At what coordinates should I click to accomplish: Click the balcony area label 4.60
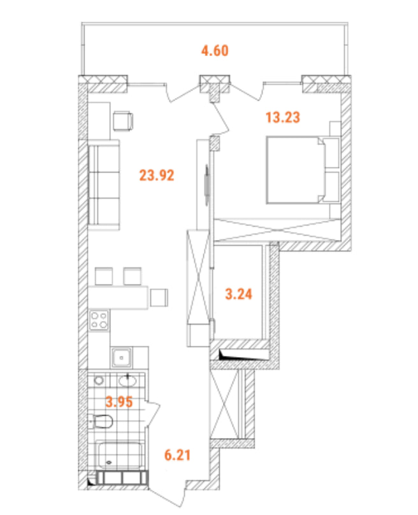click(x=215, y=50)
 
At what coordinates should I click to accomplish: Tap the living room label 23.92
click(x=157, y=175)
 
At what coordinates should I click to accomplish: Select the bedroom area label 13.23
click(x=283, y=117)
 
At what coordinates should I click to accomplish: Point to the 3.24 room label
click(x=238, y=293)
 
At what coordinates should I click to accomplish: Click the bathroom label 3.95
click(x=119, y=401)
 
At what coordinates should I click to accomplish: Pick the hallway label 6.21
click(x=178, y=455)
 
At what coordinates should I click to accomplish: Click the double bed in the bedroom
click(x=303, y=170)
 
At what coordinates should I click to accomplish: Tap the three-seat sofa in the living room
click(x=104, y=185)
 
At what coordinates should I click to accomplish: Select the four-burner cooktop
click(x=99, y=320)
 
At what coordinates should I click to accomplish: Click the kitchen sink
click(x=122, y=357)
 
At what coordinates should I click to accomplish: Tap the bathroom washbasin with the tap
click(x=127, y=381)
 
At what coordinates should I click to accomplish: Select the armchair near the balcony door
click(x=124, y=121)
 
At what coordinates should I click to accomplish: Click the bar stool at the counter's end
click(x=159, y=297)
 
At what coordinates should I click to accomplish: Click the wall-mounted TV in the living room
click(x=206, y=185)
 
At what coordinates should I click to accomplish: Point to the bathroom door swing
click(x=154, y=415)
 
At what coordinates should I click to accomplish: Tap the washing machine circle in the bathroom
click(x=98, y=381)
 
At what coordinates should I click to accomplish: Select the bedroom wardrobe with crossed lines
click(x=277, y=230)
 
